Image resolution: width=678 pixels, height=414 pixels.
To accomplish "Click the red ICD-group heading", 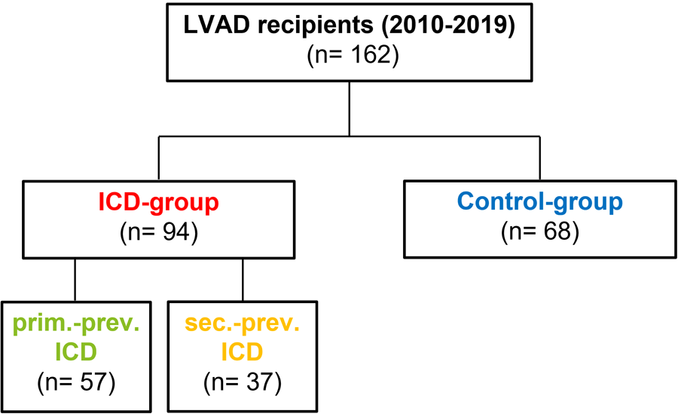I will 158,202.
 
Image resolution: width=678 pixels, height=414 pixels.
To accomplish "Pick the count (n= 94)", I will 158,232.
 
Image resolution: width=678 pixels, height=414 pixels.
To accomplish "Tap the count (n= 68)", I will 539,232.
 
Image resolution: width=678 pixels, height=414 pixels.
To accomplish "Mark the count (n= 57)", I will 75,382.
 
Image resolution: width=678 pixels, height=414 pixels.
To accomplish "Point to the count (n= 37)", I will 242,382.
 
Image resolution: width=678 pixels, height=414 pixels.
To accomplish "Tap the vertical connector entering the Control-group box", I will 539,158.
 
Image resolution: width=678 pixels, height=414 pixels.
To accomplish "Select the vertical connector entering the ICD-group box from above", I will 158,158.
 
